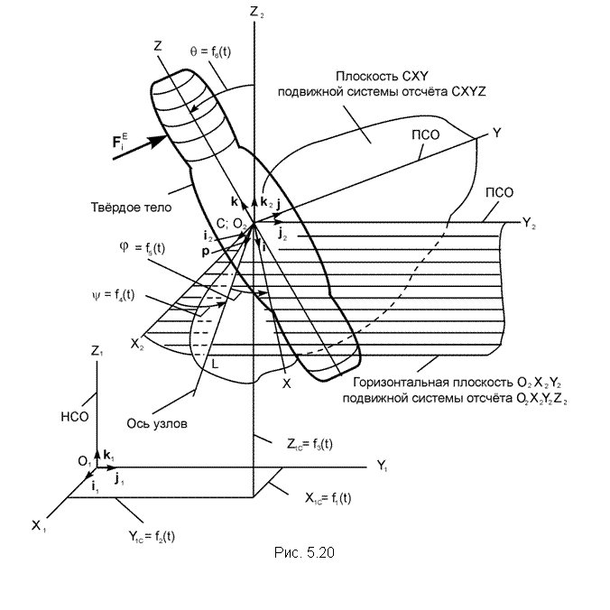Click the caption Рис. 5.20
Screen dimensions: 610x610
tap(304, 552)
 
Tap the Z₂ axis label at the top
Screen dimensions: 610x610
tap(257, 12)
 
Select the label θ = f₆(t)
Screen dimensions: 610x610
tap(210, 51)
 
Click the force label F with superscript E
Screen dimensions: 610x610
tap(119, 141)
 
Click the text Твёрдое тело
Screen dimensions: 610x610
tap(131, 207)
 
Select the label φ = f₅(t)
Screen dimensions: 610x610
tap(143, 248)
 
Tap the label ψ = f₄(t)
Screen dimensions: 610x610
tap(113, 295)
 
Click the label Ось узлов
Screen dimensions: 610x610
tap(157, 423)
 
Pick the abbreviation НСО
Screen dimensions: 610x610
tap(75, 417)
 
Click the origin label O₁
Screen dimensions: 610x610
tap(85, 461)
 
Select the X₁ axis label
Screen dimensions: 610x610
tap(39, 526)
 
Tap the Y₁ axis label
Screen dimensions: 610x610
tap(382, 466)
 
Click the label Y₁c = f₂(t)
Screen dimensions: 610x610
tap(152, 537)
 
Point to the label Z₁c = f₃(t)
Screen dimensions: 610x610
tap(310, 444)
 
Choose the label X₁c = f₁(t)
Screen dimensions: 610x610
tap(328, 498)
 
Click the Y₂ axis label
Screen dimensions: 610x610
tap(529, 223)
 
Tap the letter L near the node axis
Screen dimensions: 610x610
tap(215, 365)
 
